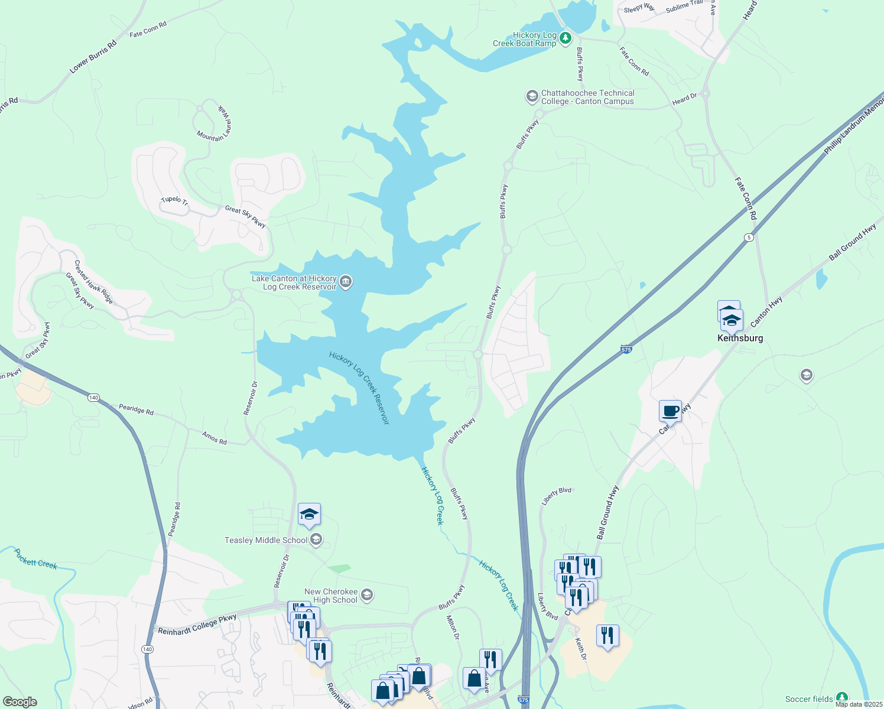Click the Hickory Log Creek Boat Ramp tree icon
pyautogui.click(x=565, y=39)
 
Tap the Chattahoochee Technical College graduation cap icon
pyautogui.click(x=532, y=96)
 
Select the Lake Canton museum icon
pyautogui.click(x=346, y=282)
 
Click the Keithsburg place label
pyautogui.click(x=740, y=338)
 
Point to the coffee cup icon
pyautogui.click(x=670, y=411)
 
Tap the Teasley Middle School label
pyautogui.click(x=266, y=540)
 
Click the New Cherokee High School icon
pyautogui.click(x=367, y=595)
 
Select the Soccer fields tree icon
pyautogui.click(x=841, y=698)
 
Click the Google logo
pyautogui.click(x=19, y=702)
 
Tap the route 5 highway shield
pyautogui.click(x=749, y=237)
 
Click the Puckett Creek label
pyautogui.click(x=35, y=559)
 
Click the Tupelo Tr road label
pyautogui.click(x=174, y=200)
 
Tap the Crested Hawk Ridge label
pyautogui.click(x=93, y=282)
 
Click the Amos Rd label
pyautogui.click(x=214, y=438)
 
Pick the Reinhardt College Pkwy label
pyautogui.click(x=197, y=624)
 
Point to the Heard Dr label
pyautogui.click(x=684, y=100)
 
